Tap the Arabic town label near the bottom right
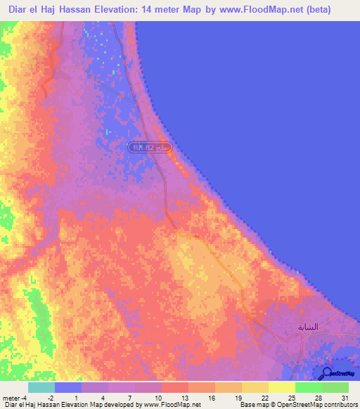click(x=308, y=327)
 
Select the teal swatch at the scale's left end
click(x=41, y=387)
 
